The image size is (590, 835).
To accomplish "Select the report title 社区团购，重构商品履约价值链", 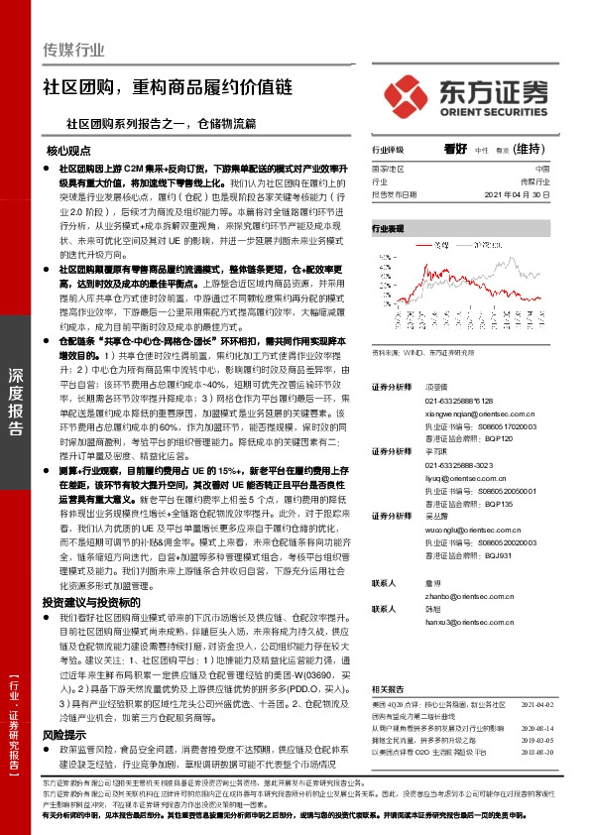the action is click(168, 87).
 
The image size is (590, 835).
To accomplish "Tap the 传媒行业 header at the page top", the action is click(74, 50).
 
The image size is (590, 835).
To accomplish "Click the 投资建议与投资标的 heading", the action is click(85, 602).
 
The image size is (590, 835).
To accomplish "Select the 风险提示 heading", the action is click(63, 735).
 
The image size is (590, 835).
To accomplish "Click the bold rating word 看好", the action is click(455, 149).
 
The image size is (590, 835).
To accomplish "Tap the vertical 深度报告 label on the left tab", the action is click(15, 401).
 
